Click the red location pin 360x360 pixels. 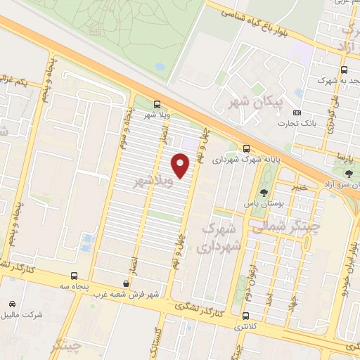(x=181, y=166)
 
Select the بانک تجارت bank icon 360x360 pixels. (x=297, y=113)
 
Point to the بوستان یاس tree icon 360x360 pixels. (x=264, y=192)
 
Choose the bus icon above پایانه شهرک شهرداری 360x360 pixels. (x=245, y=148)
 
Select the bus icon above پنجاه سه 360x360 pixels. (x=75, y=276)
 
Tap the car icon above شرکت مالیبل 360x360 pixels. (x=13, y=303)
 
